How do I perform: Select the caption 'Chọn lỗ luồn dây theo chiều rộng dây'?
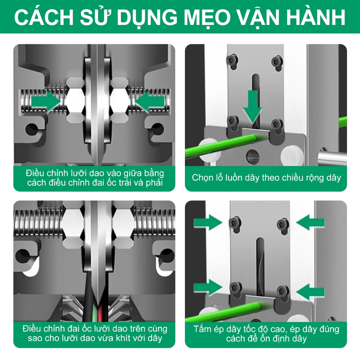click(x=266, y=178)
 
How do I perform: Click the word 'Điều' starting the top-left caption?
click(x=34, y=173)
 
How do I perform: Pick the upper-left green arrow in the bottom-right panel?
click(x=208, y=222)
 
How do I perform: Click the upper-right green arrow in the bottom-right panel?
click(x=310, y=222)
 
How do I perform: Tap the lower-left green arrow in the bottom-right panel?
click(x=208, y=288)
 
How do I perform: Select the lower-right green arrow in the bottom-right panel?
click(x=310, y=291)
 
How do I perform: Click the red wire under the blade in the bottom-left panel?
click(x=100, y=314)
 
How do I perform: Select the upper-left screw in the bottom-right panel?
click(x=235, y=223)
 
